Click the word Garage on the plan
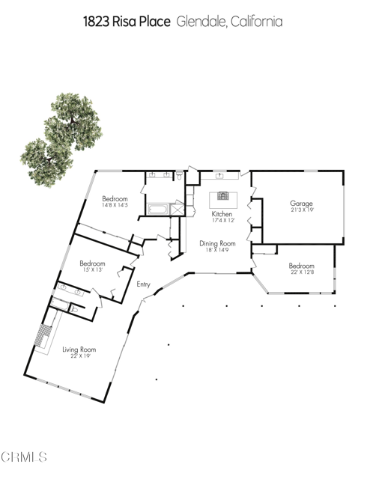tap(301, 203)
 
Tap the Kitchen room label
tap(222, 214)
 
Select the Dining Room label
tap(217, 243)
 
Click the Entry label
tap(144, 284)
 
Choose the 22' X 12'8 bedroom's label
tap(301, 266)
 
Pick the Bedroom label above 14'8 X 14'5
tap(115, 198)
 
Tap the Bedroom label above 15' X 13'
tap(92, 263)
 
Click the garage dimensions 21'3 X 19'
tap(301, 210)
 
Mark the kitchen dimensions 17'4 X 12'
tap(222, 221)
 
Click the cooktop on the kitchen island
tap(222, 197)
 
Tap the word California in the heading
tap(257, 22)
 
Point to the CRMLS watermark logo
tap(24, 456)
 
